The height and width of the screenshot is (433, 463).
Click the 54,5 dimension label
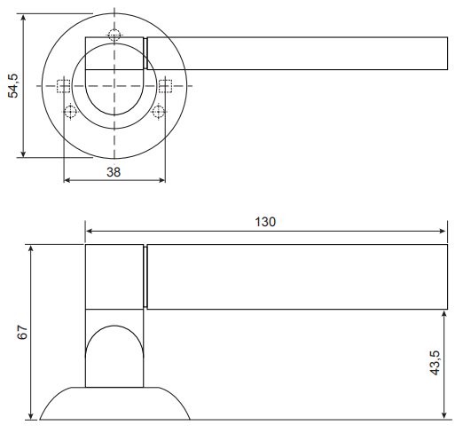coord(13,86)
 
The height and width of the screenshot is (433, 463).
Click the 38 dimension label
coord(114,172)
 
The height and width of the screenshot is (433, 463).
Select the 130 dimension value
coord(265,222)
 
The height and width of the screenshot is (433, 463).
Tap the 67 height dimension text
coord(22,332)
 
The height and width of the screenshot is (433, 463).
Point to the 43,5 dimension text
coord(436,363)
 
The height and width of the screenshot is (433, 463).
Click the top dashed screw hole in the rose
coord(114,35)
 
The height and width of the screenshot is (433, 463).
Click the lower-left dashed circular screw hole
coord(70,112)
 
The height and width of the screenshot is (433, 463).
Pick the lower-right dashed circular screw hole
coord(159,112)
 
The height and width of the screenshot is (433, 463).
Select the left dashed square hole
coord(63,86)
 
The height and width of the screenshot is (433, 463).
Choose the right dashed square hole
coord(165,86)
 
